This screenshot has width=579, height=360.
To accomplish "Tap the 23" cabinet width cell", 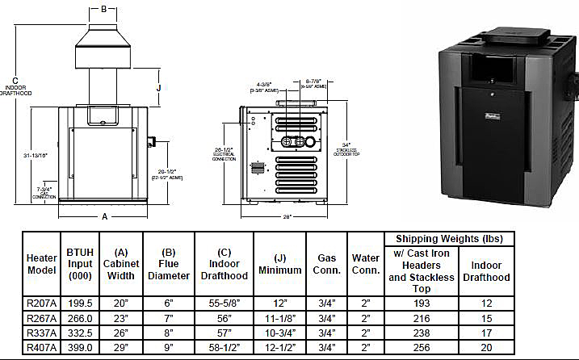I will coord(120,318).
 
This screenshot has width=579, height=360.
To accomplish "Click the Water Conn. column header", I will coord(366,264).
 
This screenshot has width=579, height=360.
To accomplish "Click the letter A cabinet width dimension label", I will coord(105,216).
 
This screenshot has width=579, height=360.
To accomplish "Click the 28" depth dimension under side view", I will coord(287,217).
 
